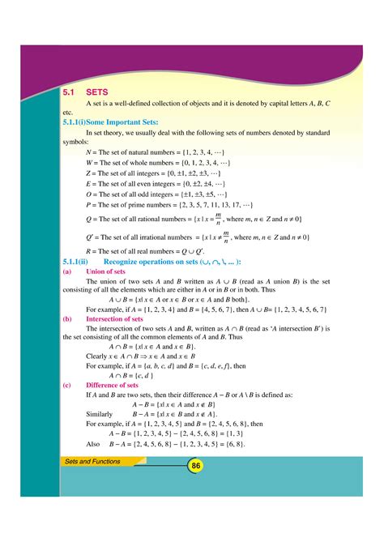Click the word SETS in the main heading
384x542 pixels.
point(96,93)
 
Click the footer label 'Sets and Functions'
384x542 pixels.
point(93,461)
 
